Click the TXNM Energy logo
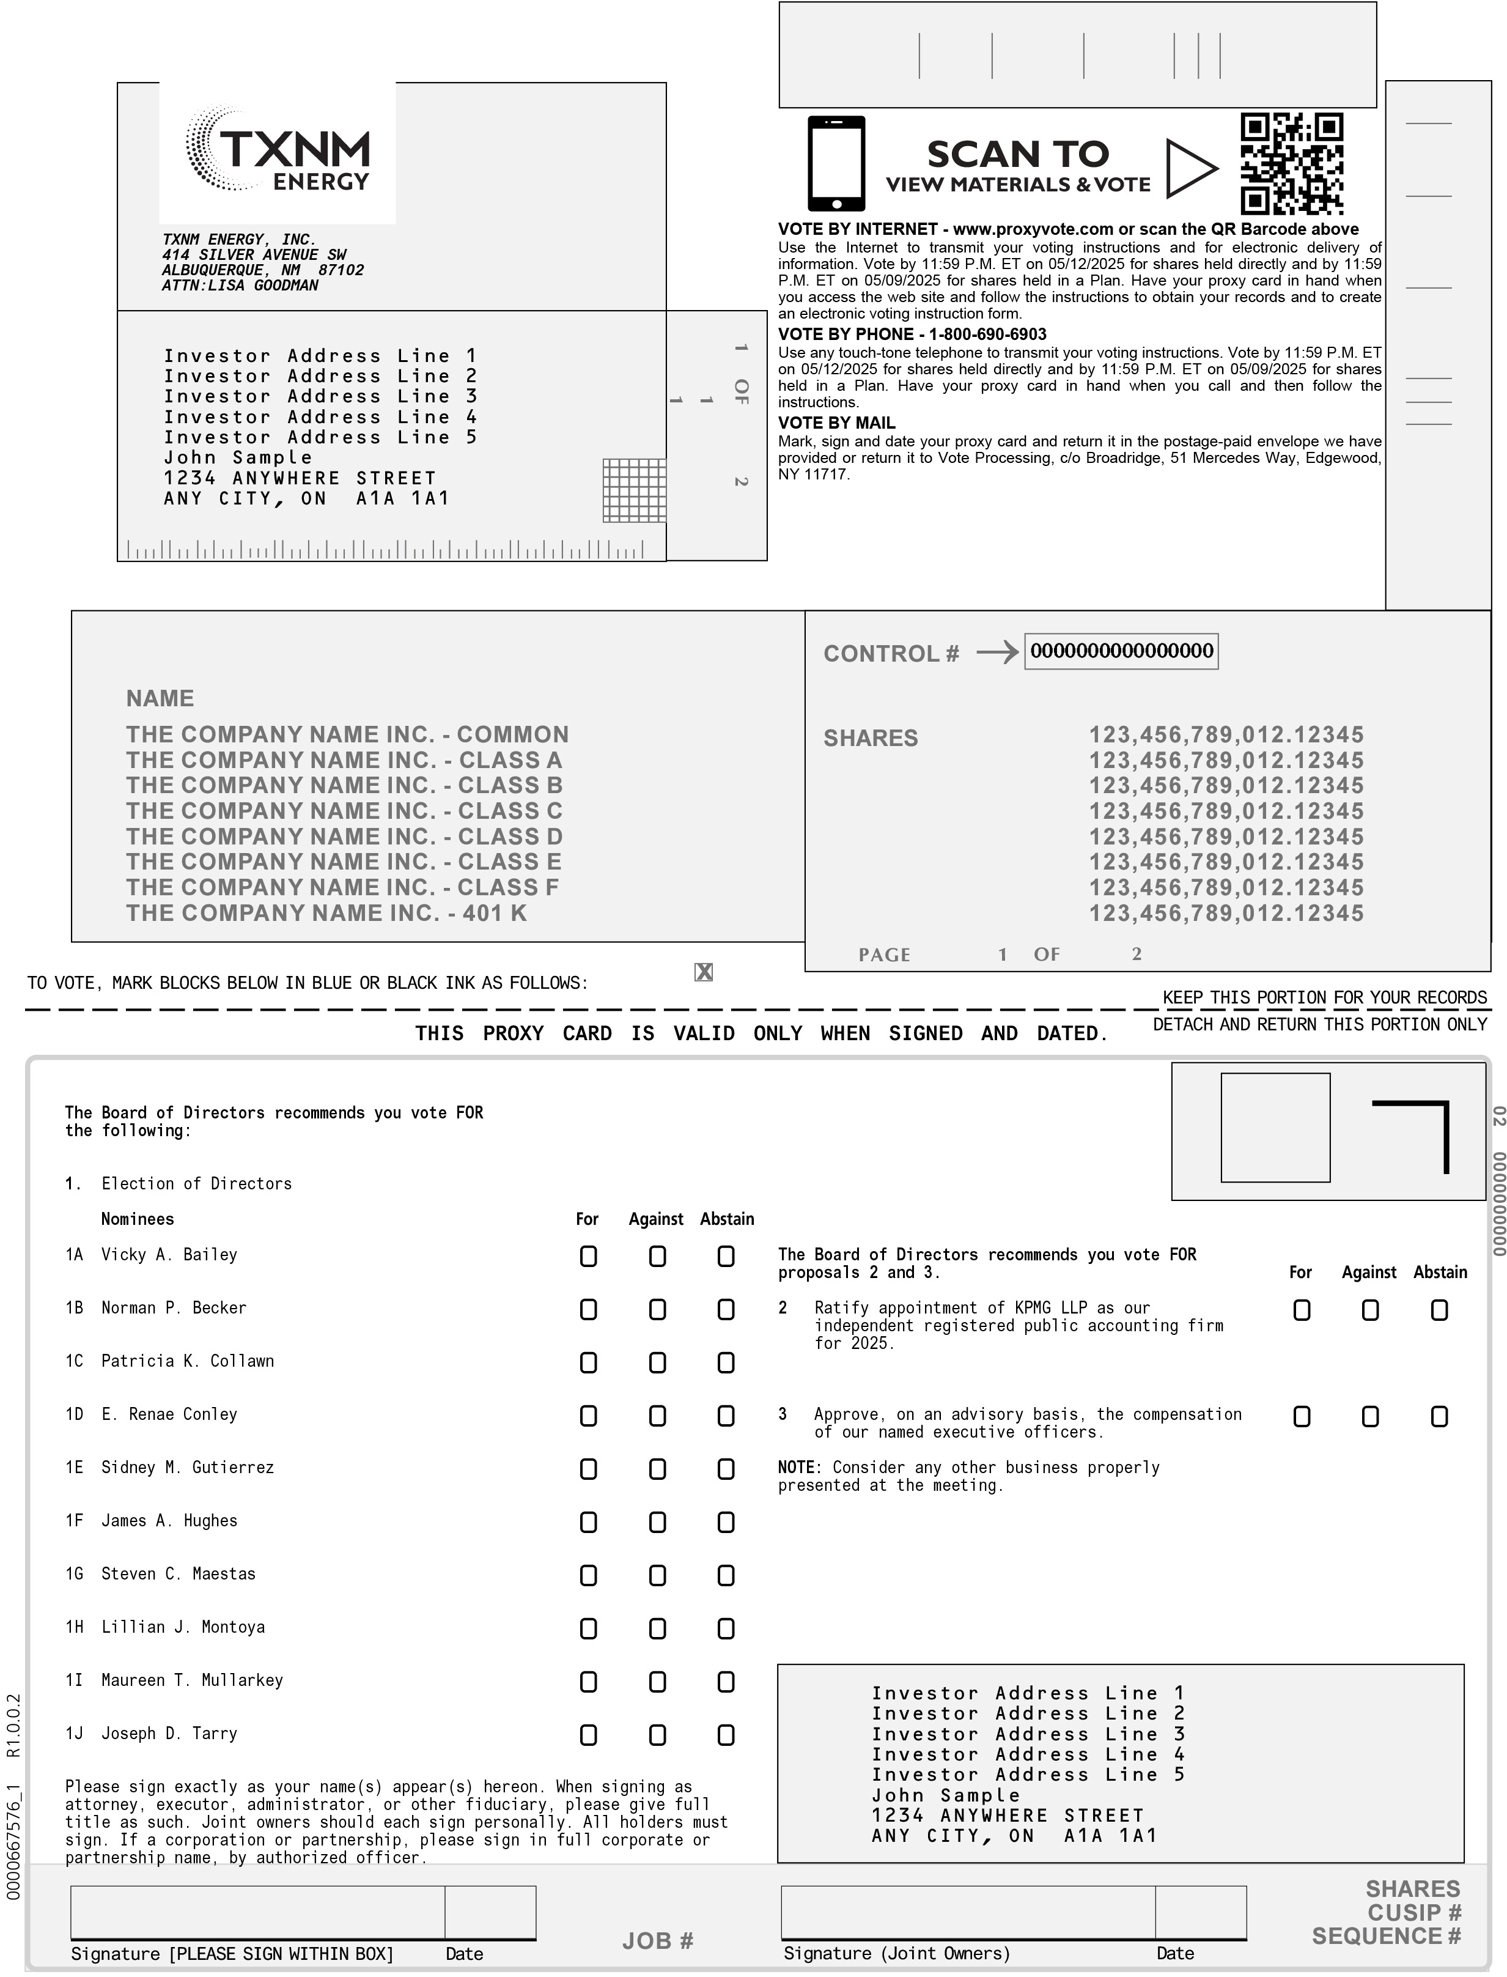[278, 150]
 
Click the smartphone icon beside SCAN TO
[836, 163]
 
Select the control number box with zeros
[1121, 651]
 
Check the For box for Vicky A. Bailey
[589, 1257]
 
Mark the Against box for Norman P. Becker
[658, 1310]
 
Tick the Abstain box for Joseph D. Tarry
[726, 1735]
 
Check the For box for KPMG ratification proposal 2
[1302, 1310]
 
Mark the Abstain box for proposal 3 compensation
[1439, 1416]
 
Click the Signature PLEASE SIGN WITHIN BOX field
[257, 1912]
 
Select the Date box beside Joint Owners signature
[1200, 1912]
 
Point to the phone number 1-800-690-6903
[987, 334]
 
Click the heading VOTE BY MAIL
[836, 423]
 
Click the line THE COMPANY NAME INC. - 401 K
[326, 913]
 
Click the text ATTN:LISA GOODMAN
[240, 285]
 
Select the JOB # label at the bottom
[658, 1941]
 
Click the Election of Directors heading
[196, 1183]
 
